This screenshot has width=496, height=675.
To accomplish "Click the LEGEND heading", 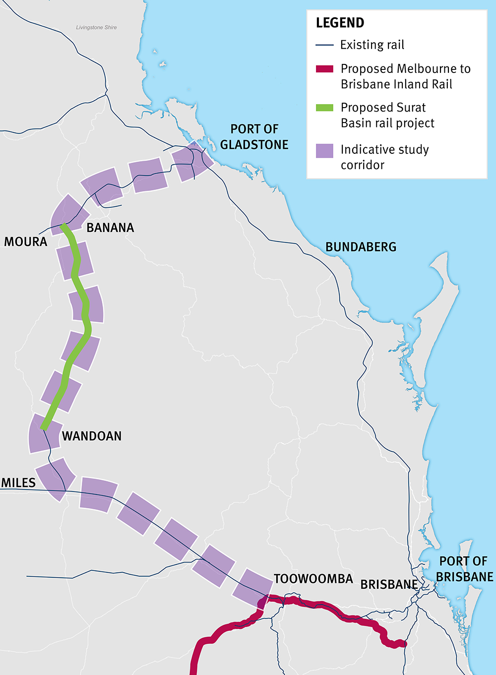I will [x=340, y=23].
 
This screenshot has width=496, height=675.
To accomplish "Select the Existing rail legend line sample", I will [x=324, y=45].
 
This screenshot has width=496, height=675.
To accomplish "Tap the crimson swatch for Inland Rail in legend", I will [x=324, y=69].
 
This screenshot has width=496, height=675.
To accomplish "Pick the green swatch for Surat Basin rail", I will [x=324, y=108].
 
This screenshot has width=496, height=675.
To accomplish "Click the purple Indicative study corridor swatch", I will [x=324, y=151].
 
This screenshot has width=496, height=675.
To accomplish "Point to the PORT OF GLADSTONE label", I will [x=254, y=137].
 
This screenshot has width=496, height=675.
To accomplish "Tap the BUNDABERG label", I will [x=361, y=247].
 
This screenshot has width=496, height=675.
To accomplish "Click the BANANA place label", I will [x=110, y=228].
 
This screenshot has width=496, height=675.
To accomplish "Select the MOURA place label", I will [x=26, y=242].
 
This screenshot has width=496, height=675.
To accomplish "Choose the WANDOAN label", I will [x=92, y=436].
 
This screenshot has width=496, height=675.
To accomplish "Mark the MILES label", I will [x=18, y=483].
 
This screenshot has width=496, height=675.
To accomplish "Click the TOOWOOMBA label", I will [x=313, y=579].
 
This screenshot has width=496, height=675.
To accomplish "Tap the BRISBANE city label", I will [x=389, y=585].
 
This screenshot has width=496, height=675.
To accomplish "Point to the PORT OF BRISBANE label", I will [x=464, y=569].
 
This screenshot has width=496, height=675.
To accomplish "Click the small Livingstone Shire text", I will [x=96, y=28].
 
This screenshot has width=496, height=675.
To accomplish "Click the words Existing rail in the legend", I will [x=372, y=45].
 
